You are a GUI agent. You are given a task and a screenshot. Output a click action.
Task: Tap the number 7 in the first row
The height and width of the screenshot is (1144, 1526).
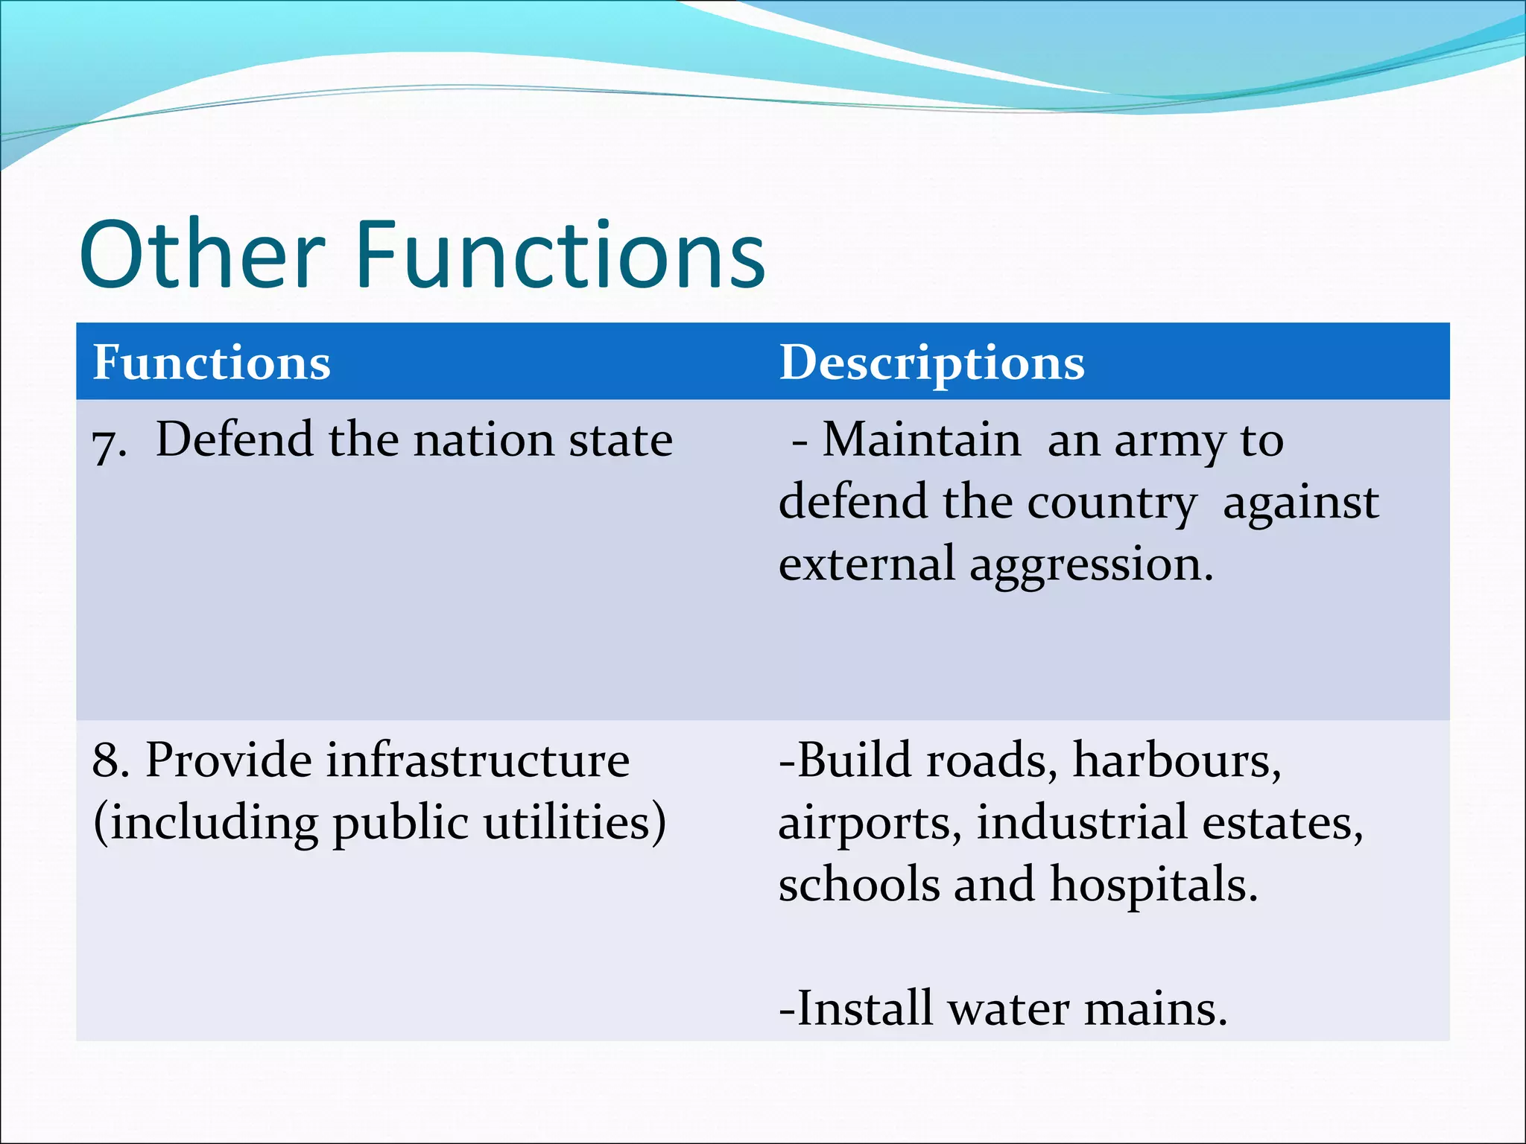[x=105, y=445]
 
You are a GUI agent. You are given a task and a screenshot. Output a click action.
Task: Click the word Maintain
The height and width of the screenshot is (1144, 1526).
[x=921, y=439]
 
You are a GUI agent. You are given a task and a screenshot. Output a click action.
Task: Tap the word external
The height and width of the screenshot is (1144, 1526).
[x=866, y=564]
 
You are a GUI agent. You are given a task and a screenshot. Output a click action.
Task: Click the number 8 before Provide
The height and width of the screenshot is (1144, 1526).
[x=108, y=760]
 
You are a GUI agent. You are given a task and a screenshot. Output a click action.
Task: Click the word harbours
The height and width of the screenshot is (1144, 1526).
[x=1177, y=760]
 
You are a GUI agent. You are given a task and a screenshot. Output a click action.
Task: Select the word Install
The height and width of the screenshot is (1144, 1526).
[x=864, y=1008]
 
